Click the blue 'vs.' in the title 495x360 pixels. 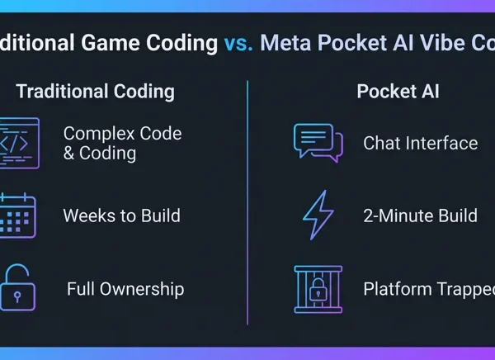point(238,43)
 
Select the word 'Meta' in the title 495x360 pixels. point(285,43)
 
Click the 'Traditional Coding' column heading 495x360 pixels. point(96,92)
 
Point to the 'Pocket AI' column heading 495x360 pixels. point(398,92)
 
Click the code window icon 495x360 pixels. point(20,143)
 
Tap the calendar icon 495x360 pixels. point(18,216)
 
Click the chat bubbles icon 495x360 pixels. point(318,143)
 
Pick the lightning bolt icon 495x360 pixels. point(318,216)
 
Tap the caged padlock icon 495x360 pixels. point(318,290)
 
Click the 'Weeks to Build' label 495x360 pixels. point(122,216)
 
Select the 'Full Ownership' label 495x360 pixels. point(125,289)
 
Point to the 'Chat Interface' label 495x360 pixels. point(421,143)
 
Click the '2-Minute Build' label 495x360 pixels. point(420,216)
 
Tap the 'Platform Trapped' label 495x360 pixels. point(429,290)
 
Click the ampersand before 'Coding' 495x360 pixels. point(68,154)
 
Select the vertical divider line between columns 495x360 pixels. point(247,202)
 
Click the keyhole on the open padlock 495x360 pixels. point(17,296)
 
